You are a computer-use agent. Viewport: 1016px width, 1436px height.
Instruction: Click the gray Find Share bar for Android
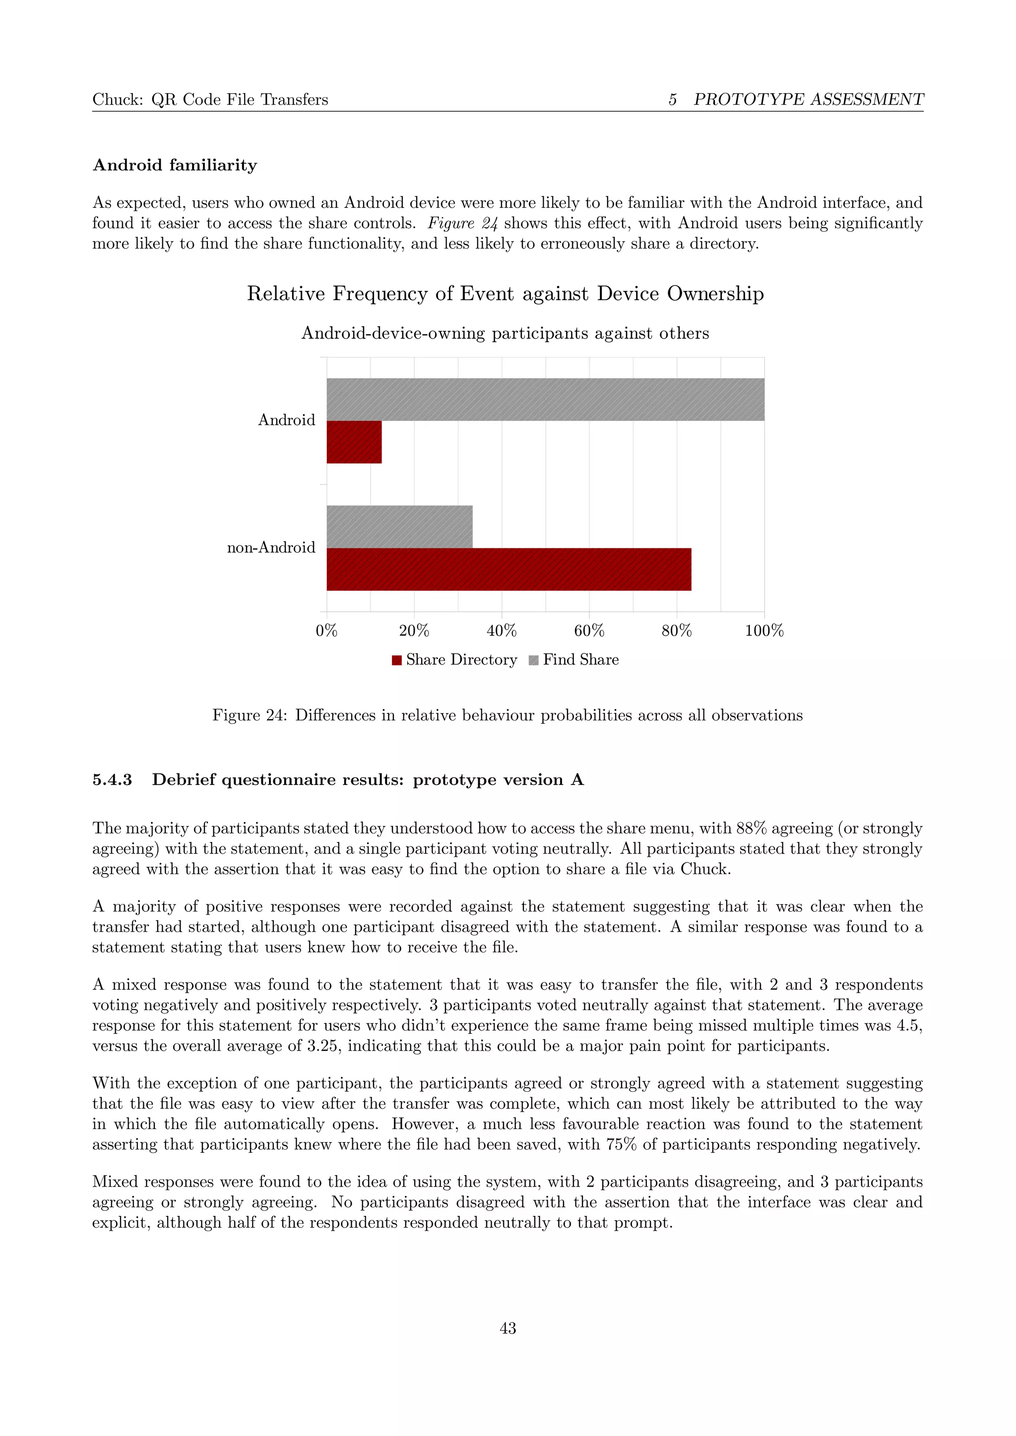[x=545, y=399]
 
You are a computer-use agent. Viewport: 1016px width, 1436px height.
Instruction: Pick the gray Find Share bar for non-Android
[x=399, y=527]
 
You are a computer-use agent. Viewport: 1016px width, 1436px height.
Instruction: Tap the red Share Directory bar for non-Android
[x=508, y=569]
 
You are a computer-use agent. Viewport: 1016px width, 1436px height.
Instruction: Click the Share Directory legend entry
[x=455, y=660]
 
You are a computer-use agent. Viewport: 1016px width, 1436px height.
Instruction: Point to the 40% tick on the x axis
[x=502, y=630]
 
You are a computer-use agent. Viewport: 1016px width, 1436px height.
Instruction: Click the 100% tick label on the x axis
[x=764, y=630]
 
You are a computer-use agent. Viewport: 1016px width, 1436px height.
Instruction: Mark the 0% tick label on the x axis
[x=326, y=630]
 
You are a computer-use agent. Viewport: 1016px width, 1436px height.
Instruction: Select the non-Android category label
[x=271, y=547]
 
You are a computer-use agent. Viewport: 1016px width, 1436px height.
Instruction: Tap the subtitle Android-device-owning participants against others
[x=505, y=333]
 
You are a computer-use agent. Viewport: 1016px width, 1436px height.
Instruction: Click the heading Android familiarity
[x=175, y=165]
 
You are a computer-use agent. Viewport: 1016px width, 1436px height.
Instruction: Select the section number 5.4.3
[x=112, y=780]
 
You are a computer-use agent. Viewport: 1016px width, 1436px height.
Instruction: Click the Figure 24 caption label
[x=249, y=716]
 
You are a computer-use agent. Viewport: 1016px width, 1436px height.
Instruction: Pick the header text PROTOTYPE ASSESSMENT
[x=808, y=100]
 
